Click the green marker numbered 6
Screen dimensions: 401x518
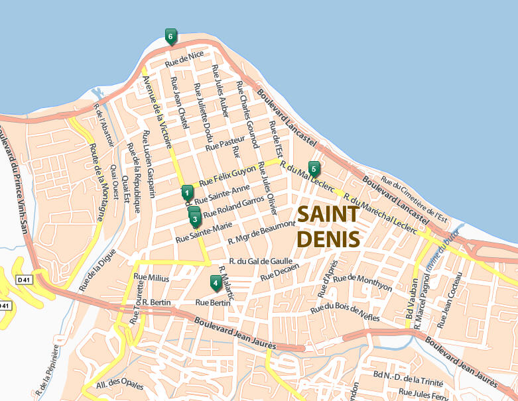click(x=170, y=36)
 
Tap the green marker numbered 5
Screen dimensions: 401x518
click(x=314, y=168)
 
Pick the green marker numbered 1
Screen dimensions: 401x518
click(x=187, y=192)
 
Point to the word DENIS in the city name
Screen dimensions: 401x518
click(x=328, y=238)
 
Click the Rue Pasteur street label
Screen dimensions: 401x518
click(x=226, y=143)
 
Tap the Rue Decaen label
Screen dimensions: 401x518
click(x=280, y=271)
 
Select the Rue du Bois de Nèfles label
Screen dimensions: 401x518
click(x=345, y=308)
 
